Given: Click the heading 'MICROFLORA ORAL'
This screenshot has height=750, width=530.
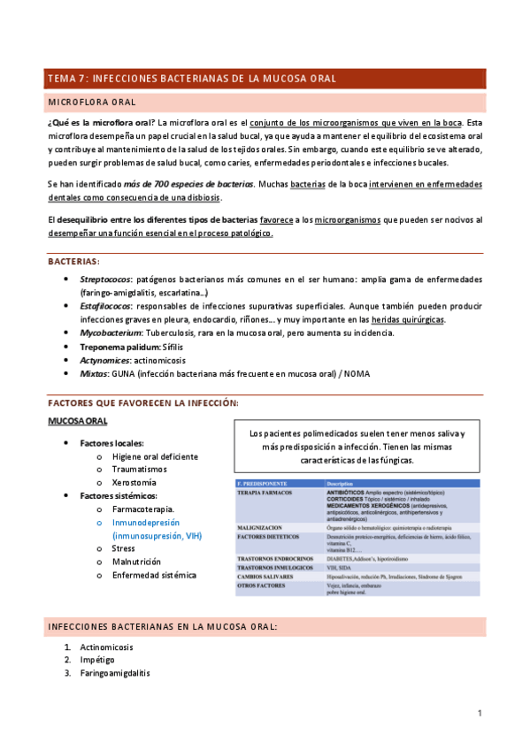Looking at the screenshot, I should point(91,102).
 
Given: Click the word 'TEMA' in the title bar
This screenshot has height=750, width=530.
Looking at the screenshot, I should point(64,78).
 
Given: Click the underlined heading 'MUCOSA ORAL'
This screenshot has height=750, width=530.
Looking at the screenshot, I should point(78,422).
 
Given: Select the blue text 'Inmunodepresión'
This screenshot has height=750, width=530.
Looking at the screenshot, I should point(146,523).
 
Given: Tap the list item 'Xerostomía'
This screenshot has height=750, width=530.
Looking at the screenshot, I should point(134,482).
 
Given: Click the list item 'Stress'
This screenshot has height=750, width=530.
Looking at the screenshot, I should point(123,548).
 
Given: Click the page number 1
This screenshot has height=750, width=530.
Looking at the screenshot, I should point(479,713).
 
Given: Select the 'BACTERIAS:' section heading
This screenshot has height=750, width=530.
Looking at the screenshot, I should point(73,261).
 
